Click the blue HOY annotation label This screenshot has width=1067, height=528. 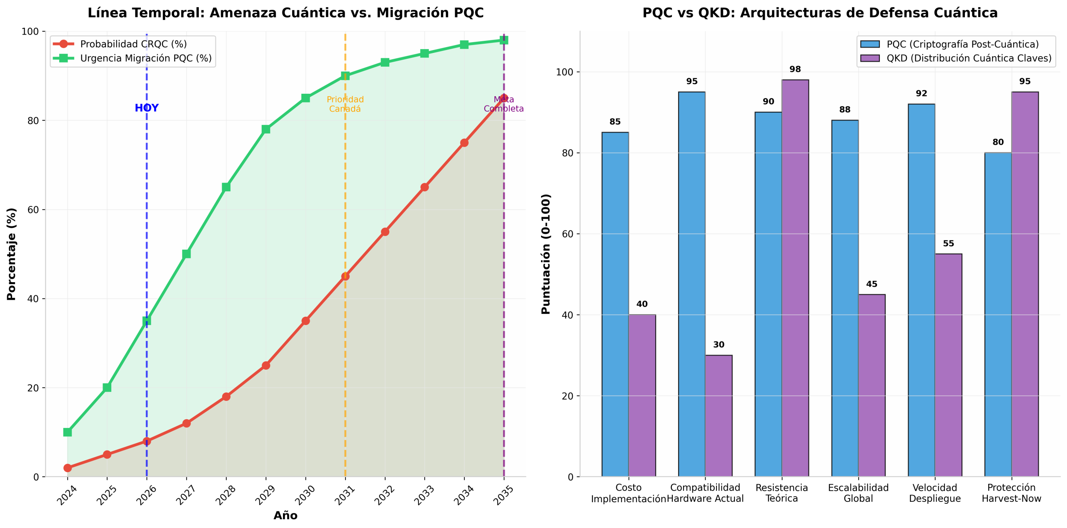146,108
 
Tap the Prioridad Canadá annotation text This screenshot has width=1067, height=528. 345,104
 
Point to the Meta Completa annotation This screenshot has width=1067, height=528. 503,104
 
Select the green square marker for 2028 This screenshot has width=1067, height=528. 226,187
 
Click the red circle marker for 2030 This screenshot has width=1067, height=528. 306,321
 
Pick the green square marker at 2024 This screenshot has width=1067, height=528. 68,432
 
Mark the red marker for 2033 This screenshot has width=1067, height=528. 424,187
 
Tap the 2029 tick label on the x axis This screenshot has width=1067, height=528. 265,495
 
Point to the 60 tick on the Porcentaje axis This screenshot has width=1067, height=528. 33,210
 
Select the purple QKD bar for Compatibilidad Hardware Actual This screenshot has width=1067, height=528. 719,416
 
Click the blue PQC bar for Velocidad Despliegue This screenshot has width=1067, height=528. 921,290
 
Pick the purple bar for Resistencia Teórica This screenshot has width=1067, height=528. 795,278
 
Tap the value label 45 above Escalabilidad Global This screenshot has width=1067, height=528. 872,284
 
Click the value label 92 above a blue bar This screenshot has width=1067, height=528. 921,93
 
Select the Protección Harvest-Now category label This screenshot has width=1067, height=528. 1011,493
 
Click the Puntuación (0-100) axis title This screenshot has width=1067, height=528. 546,254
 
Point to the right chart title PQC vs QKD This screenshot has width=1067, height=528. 820,13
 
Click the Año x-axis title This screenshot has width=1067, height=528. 286,515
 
